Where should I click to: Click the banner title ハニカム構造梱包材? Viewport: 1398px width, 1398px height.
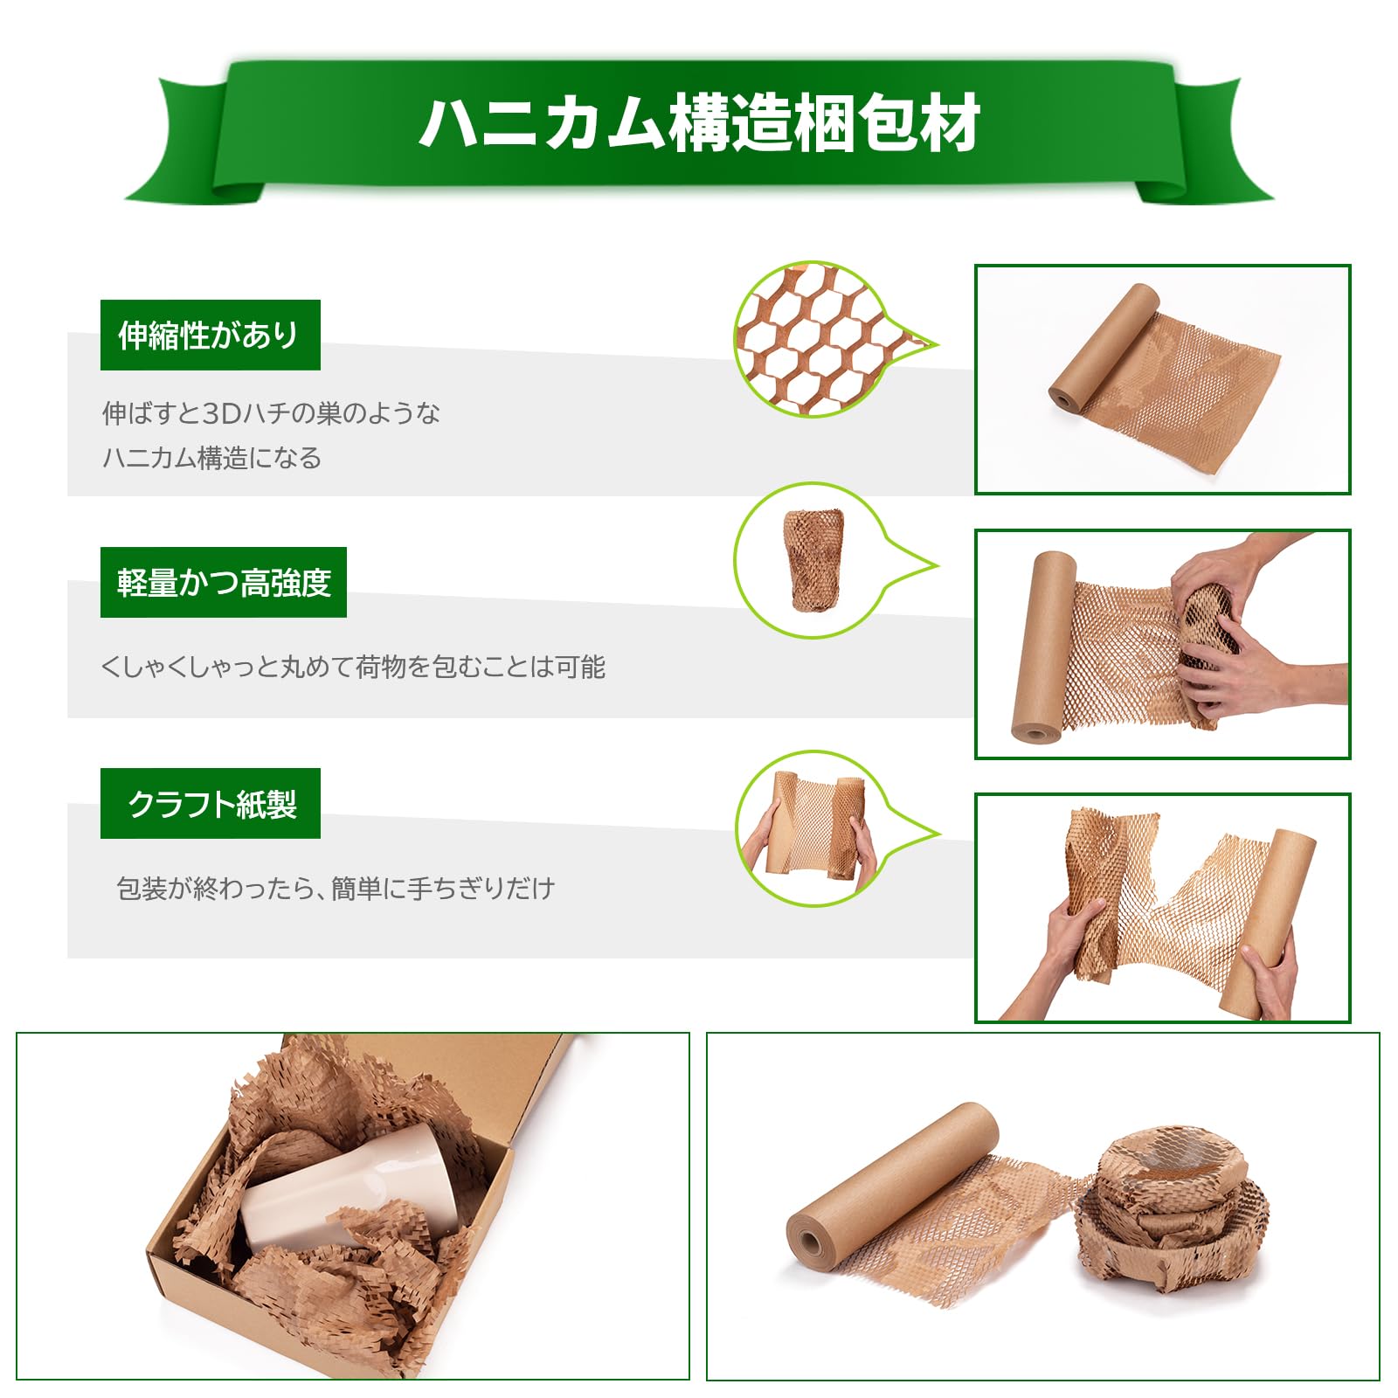coord(699,124)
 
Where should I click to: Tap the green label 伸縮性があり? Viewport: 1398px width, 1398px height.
coord(210,335)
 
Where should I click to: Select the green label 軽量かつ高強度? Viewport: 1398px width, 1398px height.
coord(224,582)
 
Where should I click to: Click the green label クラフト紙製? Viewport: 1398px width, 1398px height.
coord(211,804)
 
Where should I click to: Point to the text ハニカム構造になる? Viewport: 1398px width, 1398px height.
coord(212,458)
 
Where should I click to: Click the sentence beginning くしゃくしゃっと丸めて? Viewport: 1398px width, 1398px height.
coord(353,667)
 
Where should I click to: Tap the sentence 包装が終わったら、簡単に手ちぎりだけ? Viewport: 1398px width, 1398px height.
coord(336,889)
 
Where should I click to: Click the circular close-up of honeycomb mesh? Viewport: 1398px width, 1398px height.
coord(813,339)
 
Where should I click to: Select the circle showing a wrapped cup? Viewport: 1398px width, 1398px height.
coord(813,561)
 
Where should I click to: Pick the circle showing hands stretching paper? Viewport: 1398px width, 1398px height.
coord(813,828)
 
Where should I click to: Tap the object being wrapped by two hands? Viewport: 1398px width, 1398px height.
coord(1209,638)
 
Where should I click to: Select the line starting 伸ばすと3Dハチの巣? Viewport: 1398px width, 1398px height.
coord(271,412)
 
